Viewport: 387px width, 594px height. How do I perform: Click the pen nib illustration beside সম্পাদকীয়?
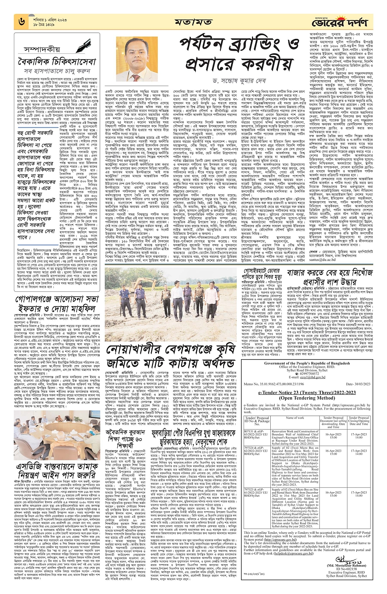(86, 45)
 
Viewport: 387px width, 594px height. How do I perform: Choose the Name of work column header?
(294, 418)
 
